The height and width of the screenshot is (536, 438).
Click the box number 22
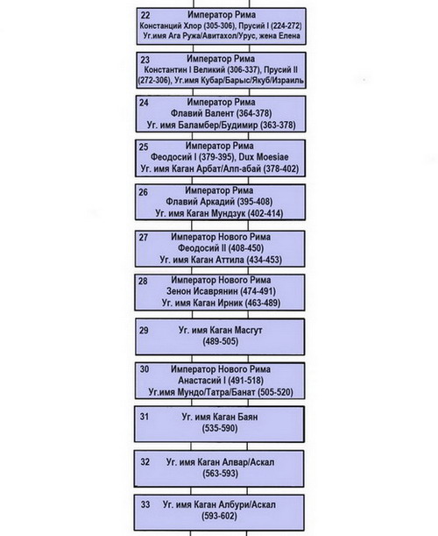point(145,16)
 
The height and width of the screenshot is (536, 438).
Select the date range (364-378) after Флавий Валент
point(254,113)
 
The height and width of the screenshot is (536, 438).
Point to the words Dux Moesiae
point(264,157)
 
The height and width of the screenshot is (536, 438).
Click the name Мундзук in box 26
point(229,213)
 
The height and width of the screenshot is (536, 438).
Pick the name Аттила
point(230,260)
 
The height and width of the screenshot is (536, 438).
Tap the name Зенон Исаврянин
point(202,291)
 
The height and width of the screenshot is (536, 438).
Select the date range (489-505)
point(220,341)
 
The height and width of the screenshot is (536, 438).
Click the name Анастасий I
point(201,381)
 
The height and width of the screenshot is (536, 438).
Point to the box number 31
point(144,417)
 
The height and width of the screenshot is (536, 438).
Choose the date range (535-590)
point(220,428)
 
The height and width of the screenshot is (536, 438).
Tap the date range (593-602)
point(219,516)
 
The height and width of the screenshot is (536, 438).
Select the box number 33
point(145,504)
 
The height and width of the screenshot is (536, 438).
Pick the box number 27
point(144,237)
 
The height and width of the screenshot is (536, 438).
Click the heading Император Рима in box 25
point(220,146)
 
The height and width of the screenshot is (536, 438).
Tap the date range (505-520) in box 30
point(275,392)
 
